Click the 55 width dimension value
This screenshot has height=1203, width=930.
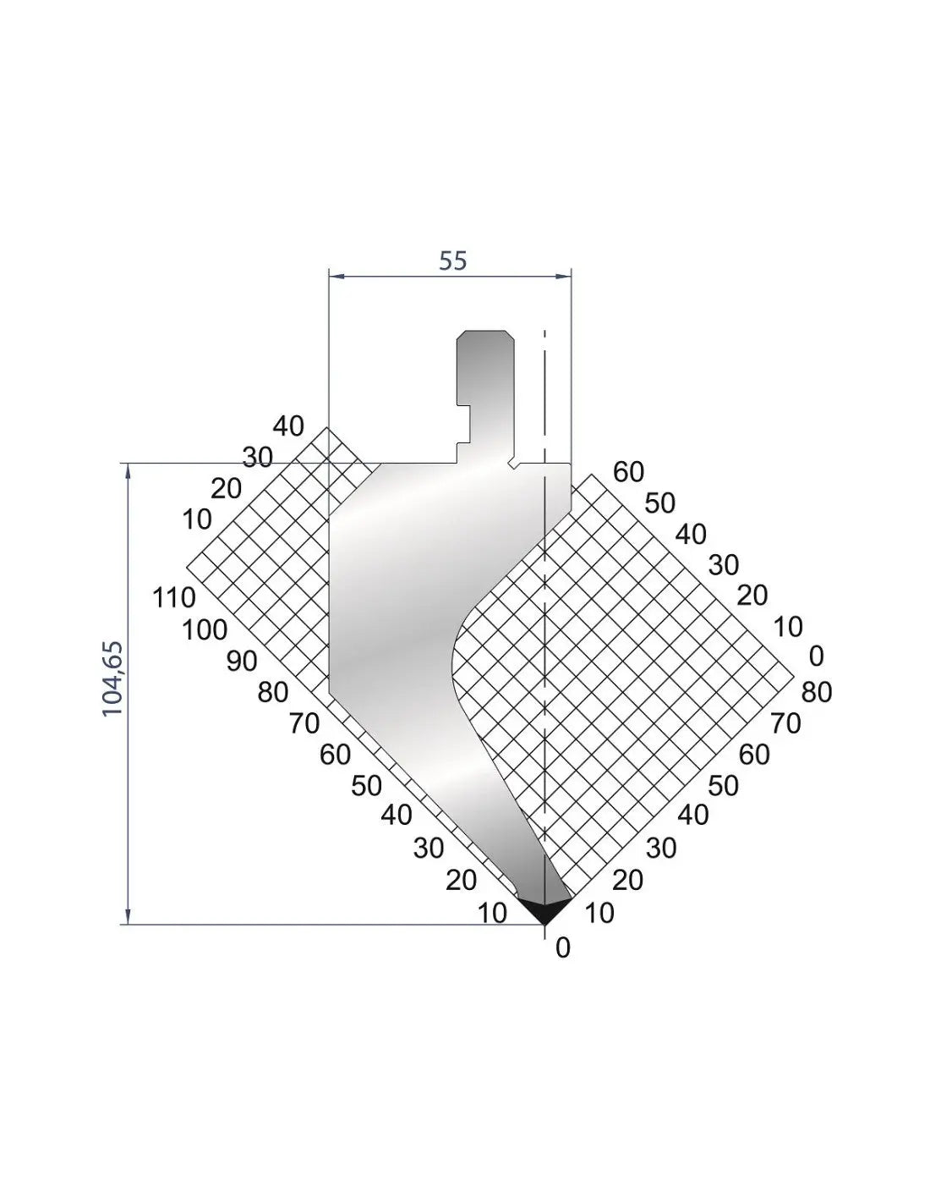pos(452,261)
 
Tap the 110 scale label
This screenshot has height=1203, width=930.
pos(173,598)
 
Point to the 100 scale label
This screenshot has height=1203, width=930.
pos(205,630)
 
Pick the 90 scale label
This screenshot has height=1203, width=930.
pos(242,662)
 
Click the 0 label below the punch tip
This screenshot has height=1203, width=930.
pos(562,949)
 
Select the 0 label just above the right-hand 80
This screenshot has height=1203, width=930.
pos(816,656)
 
